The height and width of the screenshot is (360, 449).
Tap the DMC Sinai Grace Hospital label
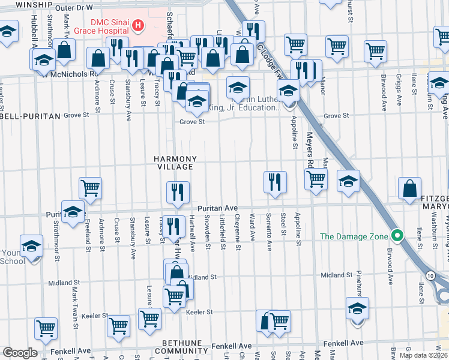click(x=100, y=25)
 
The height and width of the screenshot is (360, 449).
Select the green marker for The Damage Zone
click(x=396, y=235)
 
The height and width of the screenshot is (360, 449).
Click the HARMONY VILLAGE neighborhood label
click(x=174, y=163)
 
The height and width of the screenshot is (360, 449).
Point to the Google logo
click(x=19, y=353)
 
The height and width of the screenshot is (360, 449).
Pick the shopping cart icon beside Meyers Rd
click(x=316, y=179)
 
